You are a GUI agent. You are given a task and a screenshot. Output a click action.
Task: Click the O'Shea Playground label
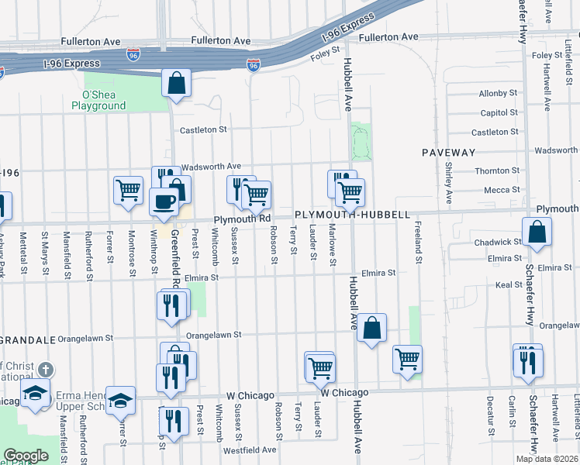[98, 100]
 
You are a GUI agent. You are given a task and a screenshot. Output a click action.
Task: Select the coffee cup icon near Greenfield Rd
[164, 201]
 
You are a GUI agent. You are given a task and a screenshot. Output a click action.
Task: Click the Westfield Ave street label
[250, 449]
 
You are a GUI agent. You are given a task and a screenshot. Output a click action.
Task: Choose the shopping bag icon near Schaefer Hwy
[537, 232]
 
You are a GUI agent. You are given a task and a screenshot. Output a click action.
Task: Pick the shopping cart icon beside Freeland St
[407, 359]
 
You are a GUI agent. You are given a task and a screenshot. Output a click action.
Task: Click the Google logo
[26, 456]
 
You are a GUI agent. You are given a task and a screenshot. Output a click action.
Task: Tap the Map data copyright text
[547, 459]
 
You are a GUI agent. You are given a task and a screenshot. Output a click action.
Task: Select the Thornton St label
[492, 170]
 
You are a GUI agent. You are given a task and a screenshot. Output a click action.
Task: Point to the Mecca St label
[502, 189]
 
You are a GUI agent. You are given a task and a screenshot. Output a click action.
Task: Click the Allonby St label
[498, 93]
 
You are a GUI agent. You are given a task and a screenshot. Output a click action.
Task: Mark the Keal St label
[509, 285]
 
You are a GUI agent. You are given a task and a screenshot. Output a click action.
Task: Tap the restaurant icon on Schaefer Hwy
[528, 362]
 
